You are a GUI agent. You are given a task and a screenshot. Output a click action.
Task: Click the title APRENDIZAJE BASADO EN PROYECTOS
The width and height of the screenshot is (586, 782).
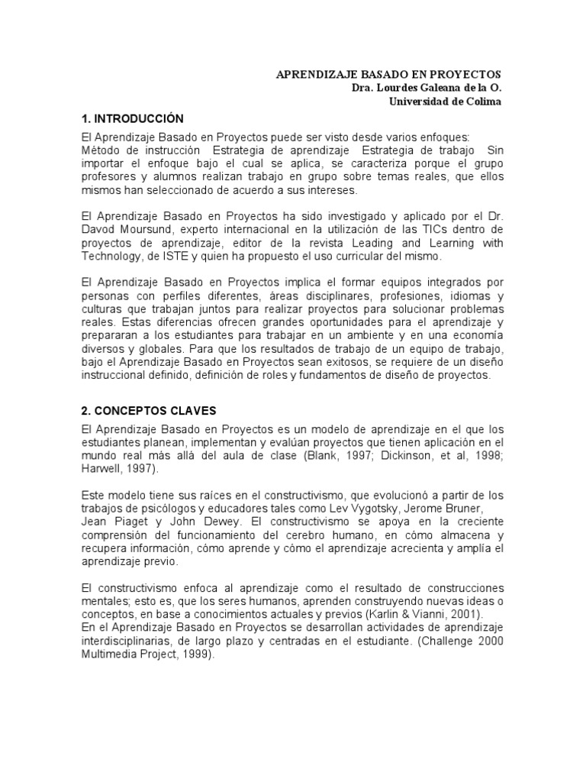(x=388, y=74)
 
